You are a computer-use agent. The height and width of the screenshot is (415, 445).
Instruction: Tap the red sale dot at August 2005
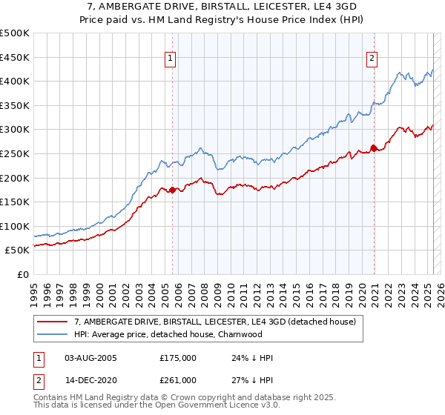tap(173, 190)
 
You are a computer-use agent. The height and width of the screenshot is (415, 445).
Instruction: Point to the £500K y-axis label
tap(15, 33)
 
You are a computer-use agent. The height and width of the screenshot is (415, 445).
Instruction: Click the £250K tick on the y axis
tap(15, 153)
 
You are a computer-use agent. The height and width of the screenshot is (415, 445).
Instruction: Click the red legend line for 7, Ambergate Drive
tap(53, 322)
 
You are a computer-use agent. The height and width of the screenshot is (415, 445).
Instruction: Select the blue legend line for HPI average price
tap(53, 334)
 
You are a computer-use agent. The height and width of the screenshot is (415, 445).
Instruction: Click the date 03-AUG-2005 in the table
tap(90, 358)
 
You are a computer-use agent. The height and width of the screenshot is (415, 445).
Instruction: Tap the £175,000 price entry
tap(178, 358)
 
